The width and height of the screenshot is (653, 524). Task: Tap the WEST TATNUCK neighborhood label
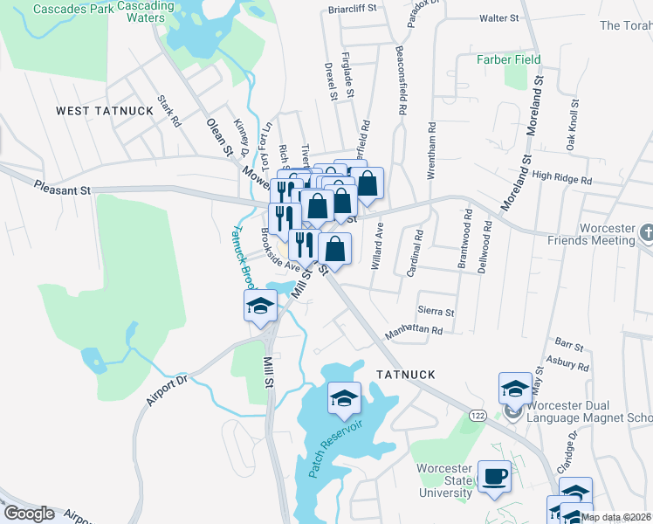(x=105, y=111)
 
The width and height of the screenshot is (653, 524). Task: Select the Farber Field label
(x=508, y=60)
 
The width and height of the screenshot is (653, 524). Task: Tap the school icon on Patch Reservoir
(x=345, y=398)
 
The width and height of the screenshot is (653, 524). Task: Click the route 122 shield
(x=476, y=409)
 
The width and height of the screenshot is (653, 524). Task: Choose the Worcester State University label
(x=444, y=480)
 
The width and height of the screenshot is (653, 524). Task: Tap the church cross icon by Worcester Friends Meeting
(x=645, y=233)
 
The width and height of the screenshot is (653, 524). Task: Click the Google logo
(x=29, y=514)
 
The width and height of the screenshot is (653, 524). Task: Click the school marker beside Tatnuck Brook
(x=260, y=306)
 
